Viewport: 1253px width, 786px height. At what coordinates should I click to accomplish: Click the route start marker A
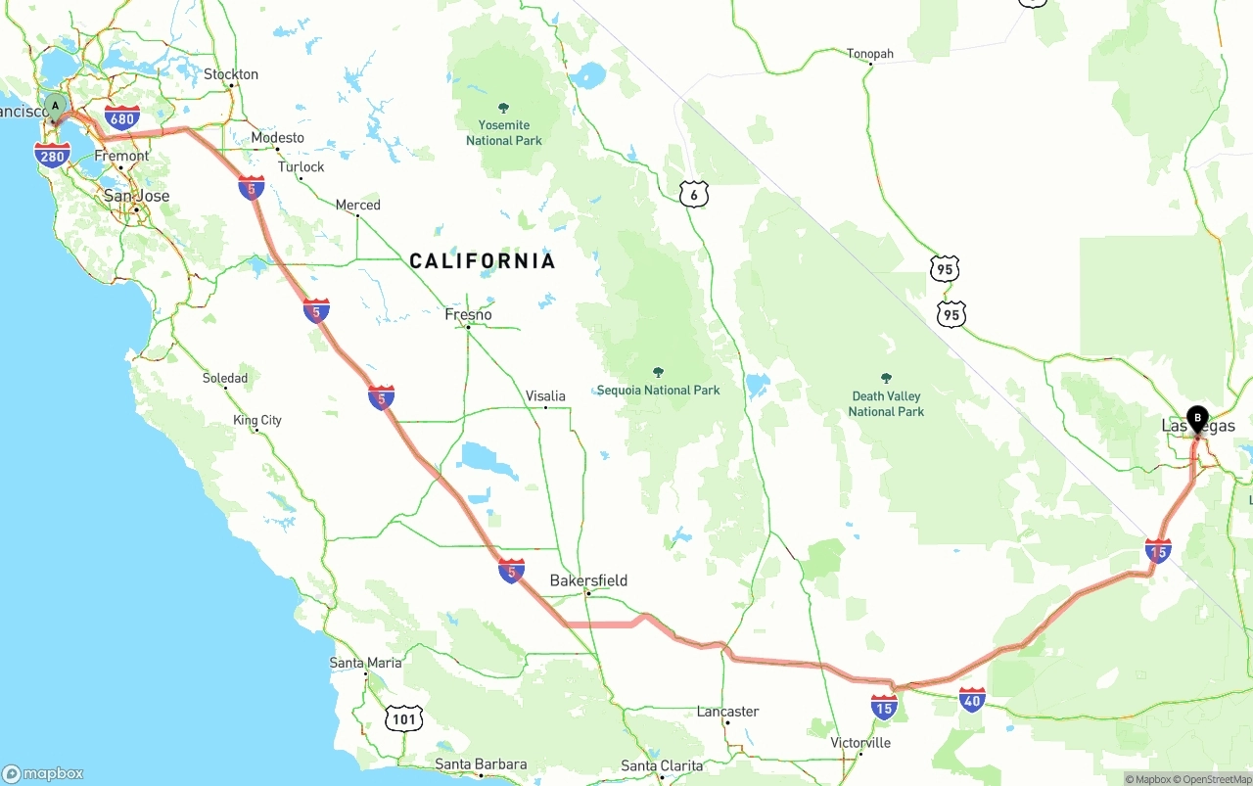pyautogui.click(x=56, y=106)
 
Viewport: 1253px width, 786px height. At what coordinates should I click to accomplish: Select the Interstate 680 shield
pyautogui.click(x=121, y=118)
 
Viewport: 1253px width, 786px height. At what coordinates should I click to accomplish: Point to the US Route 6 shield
pyautogui.click(x=693, y=194)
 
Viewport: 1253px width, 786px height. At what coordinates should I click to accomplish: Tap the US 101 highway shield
pyautogui.click(x=403, y=719)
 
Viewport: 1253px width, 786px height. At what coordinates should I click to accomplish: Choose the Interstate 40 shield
pyautogui.click(x=972, y=699)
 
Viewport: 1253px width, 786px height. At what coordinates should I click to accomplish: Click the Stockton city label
pyautogui.click(x=231, y=74)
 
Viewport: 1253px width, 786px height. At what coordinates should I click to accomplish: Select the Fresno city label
pyautogui.click(x=468, y=314)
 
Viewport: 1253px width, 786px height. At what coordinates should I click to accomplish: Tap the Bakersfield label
pyautogui.click(x=588, y=580)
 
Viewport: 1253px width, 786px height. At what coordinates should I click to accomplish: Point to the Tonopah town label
pyautogui.click(x=870, y=54)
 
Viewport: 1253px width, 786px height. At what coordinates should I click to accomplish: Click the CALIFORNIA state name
pyautogui.click(x=482, y=260)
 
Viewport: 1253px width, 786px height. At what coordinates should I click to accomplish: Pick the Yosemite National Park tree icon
pyautogui.click(x=504, y=108)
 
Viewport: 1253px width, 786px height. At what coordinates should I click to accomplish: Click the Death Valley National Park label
pyautogui.click(x=886, y=403)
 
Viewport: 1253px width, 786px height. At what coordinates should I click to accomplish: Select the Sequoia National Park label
pyautogui.click(x=658, y=390)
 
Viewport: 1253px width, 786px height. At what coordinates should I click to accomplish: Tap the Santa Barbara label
pyautogui.click(x=481, y=764)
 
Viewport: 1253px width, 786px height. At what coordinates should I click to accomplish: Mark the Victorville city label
pyautogui.click(x=860, y=742)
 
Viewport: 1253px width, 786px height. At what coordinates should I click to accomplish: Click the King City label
pyautogui.click(x=257, y=420)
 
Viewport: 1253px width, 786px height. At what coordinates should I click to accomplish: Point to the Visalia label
pyautogui.click(x=545, y=395)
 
